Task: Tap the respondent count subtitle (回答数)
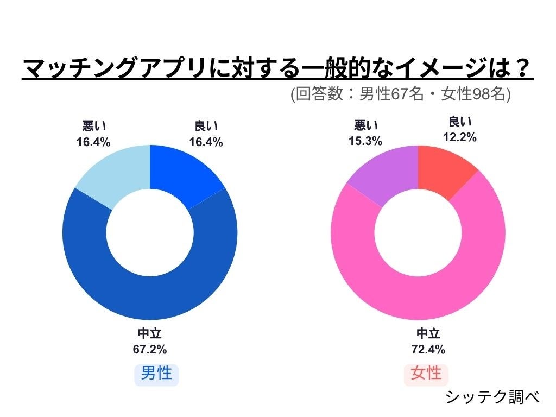point(400,94)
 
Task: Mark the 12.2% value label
point(460,137)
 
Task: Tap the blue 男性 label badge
point(156,374)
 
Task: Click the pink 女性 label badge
point(426,374)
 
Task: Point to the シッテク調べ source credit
point(492,397)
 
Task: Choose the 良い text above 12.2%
point(460,123)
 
